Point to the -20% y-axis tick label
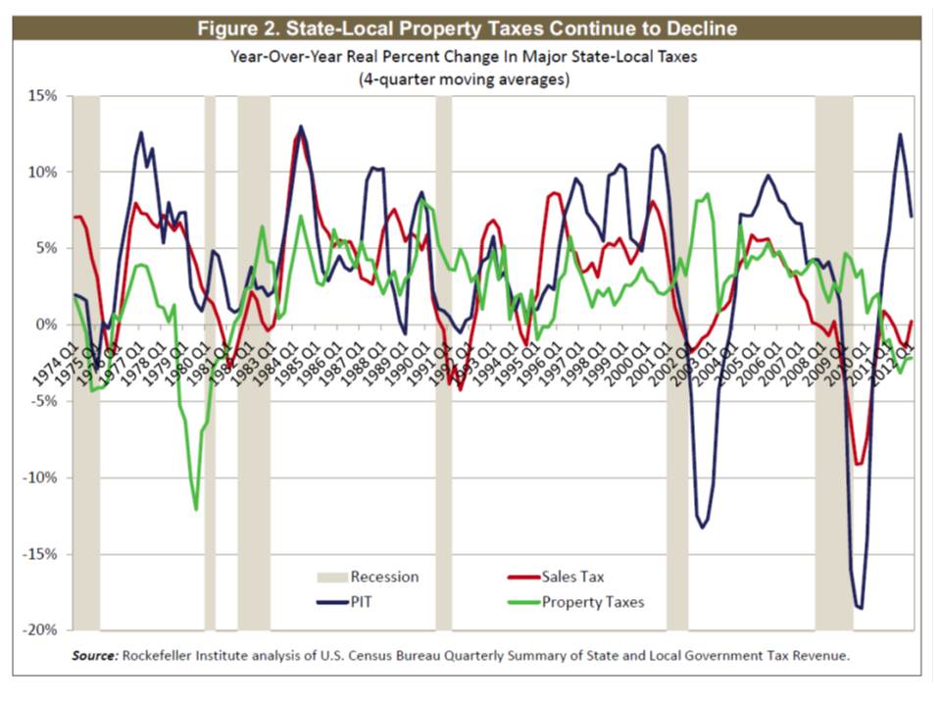pos(42,630)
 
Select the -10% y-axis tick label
pos(42,478)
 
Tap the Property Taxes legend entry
pos(593,601)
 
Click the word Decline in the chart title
pos(697,28)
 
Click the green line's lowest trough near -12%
pos(196,509)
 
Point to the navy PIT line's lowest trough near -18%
pos(861,609)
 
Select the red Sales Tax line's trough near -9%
pos(860,464)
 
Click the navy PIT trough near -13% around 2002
pos(702,528)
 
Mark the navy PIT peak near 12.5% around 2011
pos(899,134)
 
